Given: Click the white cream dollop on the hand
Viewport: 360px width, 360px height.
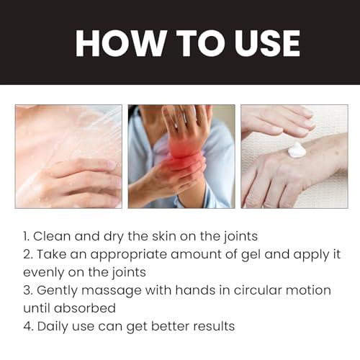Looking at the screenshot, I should tap(297, 150).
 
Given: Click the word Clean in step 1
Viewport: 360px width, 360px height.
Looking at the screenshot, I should tap(55, 235).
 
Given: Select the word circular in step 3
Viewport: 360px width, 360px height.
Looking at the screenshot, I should tap(245, 289).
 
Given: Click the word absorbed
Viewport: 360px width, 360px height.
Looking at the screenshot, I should tap(89, 307).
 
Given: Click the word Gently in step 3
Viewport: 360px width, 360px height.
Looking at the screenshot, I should tap(57, 289).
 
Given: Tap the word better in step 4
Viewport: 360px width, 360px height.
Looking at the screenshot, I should tap(168, 325).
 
